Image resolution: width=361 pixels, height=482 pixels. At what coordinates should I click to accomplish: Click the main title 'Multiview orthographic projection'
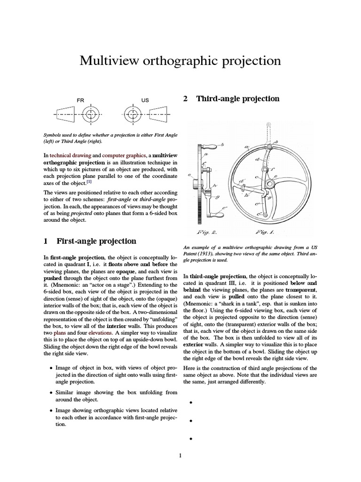[x=180, y=61]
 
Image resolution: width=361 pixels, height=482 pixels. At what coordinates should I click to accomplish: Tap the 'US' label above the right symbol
[x=145, y=100]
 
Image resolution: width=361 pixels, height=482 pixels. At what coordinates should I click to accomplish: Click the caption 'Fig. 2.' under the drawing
[x=205, y=232]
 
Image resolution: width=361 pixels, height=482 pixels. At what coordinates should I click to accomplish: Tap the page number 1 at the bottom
[x=180, y=455]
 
